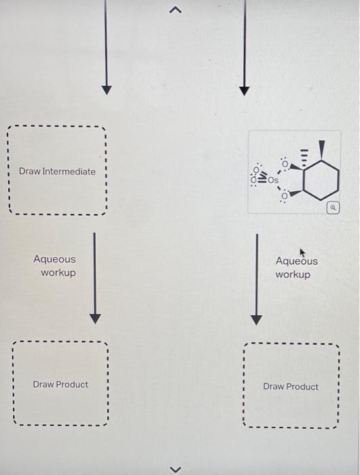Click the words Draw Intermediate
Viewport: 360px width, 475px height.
click(57, 171)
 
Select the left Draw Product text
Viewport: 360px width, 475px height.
click(60, 384)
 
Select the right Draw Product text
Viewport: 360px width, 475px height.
click(291, 387)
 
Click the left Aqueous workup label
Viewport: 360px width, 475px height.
click(55, 266)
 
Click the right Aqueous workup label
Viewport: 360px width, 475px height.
click(295, 267)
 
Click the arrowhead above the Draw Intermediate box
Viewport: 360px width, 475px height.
click(105, 90)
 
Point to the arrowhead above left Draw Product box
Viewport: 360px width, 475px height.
click(95, 318)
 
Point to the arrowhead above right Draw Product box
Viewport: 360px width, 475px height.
click(256, 319)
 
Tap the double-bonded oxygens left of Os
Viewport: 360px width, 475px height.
click(256, 176)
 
